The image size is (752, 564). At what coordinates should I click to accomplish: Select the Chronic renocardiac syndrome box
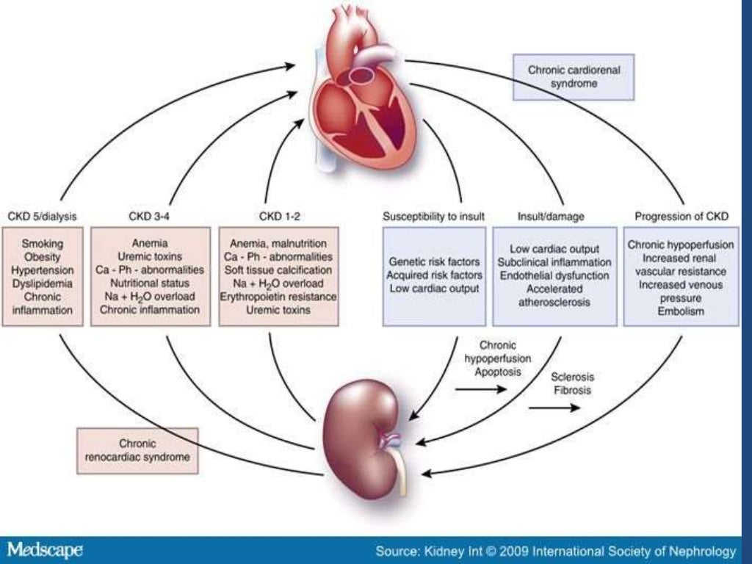coord(137,450)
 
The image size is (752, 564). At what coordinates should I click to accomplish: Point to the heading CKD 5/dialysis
coord(42,216)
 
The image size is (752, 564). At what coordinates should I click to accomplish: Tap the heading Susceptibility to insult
coord(433,216)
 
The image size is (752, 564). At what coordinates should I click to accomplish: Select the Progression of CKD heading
coord(681,216)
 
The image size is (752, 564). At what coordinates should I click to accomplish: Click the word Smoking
coord(43,243)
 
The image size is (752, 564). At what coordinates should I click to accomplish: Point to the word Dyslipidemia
coord(43,283)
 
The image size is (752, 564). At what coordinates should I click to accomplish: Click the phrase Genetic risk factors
coord(434,262)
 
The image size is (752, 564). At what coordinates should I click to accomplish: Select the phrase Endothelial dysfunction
coord(554,275)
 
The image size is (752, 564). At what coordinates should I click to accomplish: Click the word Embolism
coord(681,311)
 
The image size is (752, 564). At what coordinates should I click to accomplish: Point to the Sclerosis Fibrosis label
coord(574,383)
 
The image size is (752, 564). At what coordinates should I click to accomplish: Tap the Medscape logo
coord(45,550)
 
